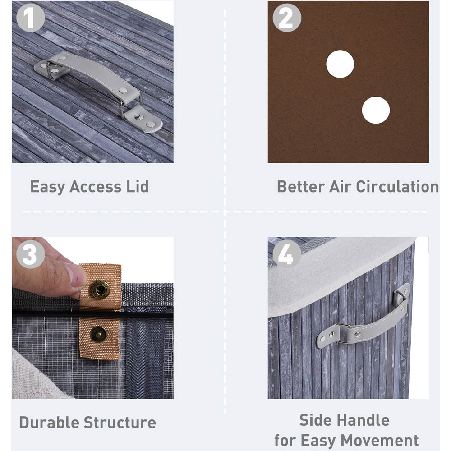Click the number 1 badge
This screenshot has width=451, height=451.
click(x=31, y=18)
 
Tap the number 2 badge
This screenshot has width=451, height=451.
click(x=287, y=18)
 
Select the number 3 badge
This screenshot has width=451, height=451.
click(x=31, y=254)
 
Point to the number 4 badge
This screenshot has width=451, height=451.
click(x=287, y=254)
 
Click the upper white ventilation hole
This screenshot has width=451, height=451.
click(x=340, y=64)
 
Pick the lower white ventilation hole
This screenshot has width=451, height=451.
click(x=376, y=110)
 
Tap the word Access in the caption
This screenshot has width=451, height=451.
click(x=96, y=187)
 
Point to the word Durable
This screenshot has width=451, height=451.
click(x=49, y=423)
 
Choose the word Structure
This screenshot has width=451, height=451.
click(x=120, y=423)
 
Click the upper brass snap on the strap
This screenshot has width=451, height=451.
click(x=100, y=290)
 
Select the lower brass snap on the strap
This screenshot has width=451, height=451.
click(x=98, y=335)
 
